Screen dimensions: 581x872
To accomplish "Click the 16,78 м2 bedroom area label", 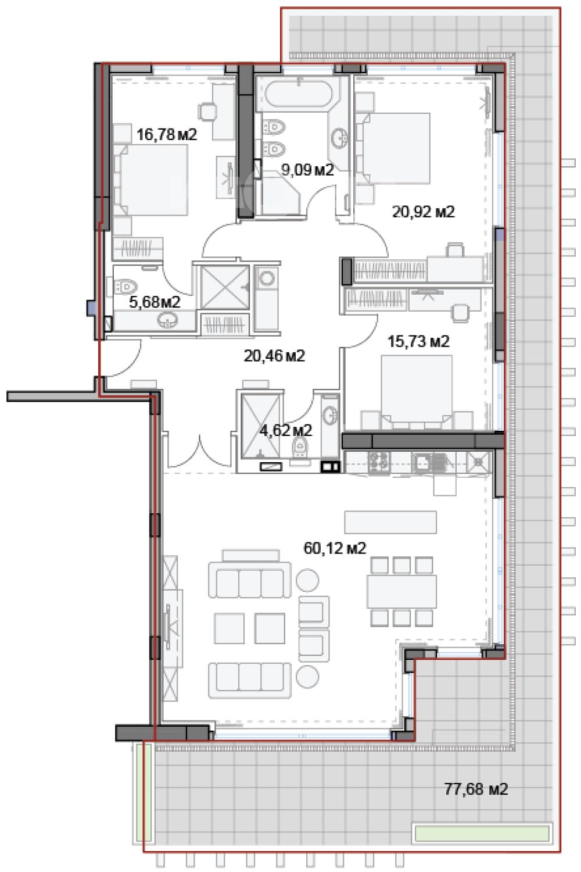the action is click(x=167, y=135).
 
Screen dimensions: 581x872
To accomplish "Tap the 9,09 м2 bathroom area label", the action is click(x=307, y=170).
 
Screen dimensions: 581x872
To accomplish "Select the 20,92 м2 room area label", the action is click(x=424, y=212).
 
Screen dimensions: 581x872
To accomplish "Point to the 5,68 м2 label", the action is click(x=155, y=302).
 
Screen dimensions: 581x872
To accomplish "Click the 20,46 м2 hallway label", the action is click(x=274, y=355).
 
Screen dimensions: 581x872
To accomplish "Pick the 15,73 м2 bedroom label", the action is click(x=418, y=341).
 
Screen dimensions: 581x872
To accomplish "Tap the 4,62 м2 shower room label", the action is click(x=286, y=430).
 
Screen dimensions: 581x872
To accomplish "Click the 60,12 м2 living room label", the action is click(x=335, y=548).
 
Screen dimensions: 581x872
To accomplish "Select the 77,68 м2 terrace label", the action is click(x=476, y=789).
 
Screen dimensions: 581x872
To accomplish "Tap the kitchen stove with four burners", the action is click(x=379, y=462).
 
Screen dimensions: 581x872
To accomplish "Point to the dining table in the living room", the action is click(x=401, y=591).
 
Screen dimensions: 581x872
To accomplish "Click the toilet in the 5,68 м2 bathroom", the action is click(x=125, y=287).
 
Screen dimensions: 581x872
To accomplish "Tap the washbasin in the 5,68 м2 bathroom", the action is click(x=168, y=320).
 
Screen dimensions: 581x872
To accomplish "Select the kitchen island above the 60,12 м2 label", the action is click(x=390, y=522).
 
